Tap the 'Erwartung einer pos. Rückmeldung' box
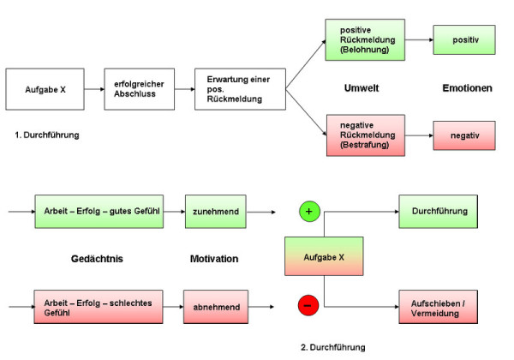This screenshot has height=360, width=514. coord(239,89)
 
